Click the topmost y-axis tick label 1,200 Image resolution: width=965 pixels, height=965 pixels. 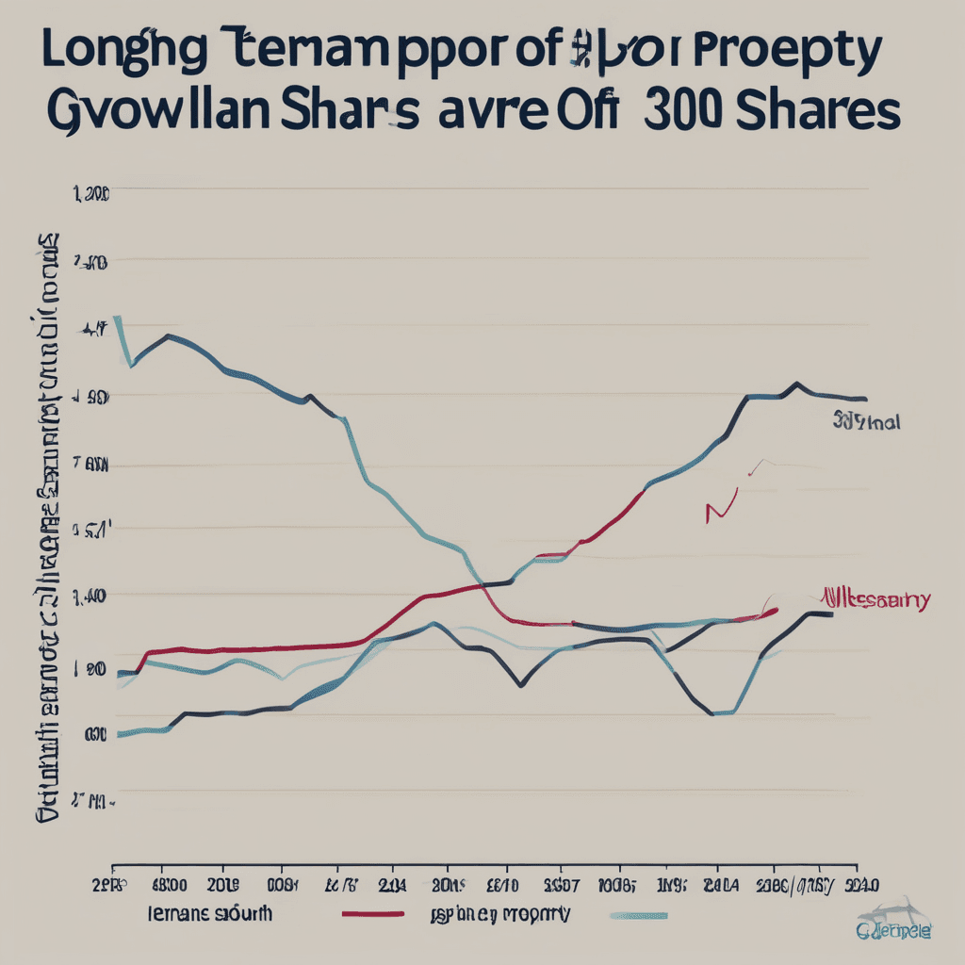pyautogui.click(x=91, y=194)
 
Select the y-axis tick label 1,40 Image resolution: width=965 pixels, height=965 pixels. pyautogui.click(x=91, y=596)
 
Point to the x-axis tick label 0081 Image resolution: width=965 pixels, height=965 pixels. pyautogui.click(x=282, y=885)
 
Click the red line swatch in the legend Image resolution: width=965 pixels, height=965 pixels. pyautogui.click(x=371, y=914)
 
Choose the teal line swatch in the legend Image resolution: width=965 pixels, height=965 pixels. pyautogui.click(x=639, y=914)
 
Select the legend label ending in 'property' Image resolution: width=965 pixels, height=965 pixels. pyautogui.click(x=499, y=913)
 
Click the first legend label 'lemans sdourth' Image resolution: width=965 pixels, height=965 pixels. pyautogui.click(x=209, y=913)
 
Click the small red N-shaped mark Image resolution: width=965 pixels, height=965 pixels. pyautogui.click(x=719, y=510)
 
